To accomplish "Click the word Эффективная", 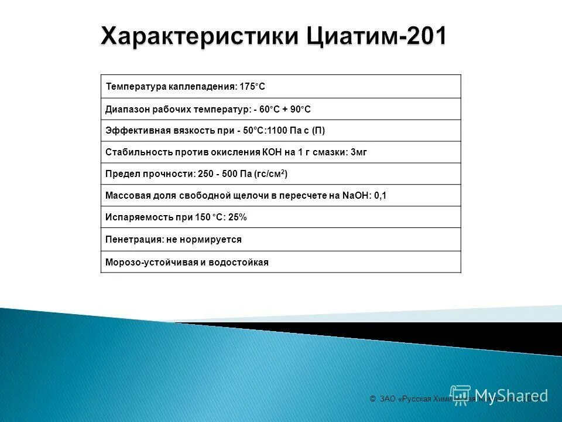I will [x=132, y=131].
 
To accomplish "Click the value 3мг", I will [x=358, y=152].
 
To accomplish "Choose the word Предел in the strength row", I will [x=120, y=174].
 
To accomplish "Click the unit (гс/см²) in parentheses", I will [x=270, y=174].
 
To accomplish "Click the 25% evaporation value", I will [x=238, y=217].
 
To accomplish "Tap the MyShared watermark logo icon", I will [x=461, y=395].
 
